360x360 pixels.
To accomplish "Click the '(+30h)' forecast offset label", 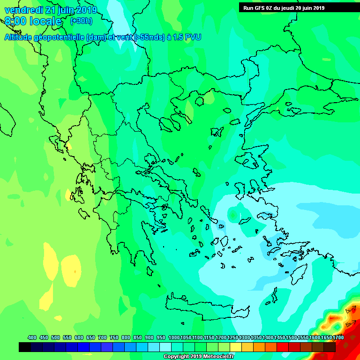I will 81,21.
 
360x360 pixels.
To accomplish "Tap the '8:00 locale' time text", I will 33,22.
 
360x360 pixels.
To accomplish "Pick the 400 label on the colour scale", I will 32,337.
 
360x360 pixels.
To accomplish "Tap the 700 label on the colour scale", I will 102,337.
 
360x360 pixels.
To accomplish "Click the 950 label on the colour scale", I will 161,337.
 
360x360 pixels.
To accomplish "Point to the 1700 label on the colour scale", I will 338,337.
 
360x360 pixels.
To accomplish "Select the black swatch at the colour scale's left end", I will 25,347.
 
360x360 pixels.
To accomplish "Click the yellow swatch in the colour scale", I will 236,347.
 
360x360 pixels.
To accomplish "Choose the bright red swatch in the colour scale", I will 283,347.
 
